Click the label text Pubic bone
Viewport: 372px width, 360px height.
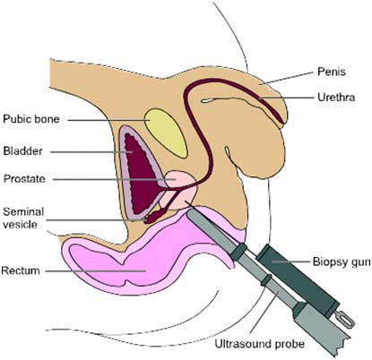[31, 119]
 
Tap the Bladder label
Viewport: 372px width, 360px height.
[22, 151]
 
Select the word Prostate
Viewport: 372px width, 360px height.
[24, 179]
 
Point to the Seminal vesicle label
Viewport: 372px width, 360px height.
[23, 218]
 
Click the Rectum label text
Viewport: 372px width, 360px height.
[21, 270]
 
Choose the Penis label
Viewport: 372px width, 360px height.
[332, 72]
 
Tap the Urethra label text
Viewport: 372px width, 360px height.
[336, 98]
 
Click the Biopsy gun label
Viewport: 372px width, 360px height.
[342, 261]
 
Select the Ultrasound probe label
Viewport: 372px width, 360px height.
[260, 344]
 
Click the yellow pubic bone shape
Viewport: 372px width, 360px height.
[166, 133]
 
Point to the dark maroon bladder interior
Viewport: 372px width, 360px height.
[140, 173]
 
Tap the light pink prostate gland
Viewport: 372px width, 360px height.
[182, 188]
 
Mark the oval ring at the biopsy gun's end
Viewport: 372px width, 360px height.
[347, 320]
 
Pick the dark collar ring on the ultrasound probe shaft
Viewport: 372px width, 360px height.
[265, 280]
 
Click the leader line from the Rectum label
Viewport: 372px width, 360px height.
[96, 271]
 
